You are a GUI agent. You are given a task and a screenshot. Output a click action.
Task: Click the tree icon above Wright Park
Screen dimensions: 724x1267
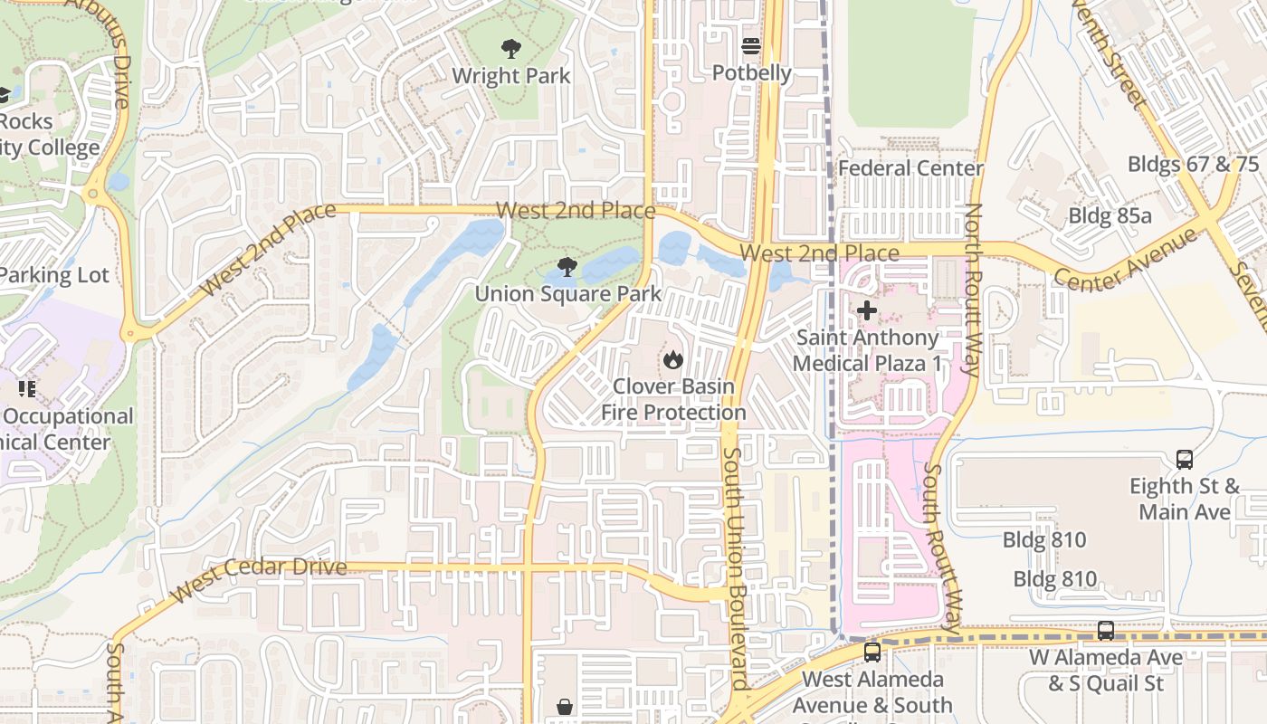(511, 49)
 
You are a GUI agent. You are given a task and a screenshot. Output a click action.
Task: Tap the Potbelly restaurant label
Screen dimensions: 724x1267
(751, 73)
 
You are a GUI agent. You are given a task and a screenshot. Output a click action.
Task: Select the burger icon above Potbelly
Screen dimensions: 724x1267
(751, 46)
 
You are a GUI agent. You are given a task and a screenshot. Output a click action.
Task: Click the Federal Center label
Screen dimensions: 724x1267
(910, 168)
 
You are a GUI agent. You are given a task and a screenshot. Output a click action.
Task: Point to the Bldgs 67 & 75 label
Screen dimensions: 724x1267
(1193, 164)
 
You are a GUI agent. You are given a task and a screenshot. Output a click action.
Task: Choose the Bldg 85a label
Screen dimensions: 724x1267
(1110, 215)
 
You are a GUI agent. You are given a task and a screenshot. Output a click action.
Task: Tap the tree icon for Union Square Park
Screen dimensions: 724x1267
(567, 267)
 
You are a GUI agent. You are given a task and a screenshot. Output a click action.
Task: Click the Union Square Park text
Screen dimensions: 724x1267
(568, 294)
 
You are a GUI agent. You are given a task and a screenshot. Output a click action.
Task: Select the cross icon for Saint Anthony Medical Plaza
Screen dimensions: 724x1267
(867, 311)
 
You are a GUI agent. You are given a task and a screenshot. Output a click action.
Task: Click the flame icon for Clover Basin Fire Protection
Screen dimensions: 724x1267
(672, 360)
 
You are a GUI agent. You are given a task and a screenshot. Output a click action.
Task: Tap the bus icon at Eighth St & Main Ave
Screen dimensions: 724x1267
(1185, 460)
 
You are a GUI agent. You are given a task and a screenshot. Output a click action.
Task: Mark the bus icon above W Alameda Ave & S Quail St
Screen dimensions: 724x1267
(1106, 631)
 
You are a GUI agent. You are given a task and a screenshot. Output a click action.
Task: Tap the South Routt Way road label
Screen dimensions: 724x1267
(942, 548)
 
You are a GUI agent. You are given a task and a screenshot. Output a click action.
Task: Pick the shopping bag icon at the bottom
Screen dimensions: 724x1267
(565, 707)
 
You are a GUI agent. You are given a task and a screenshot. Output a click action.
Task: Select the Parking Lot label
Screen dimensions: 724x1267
(54, 275)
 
